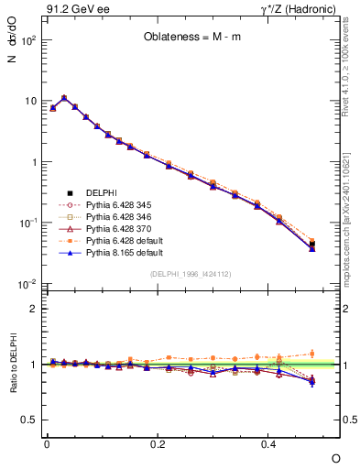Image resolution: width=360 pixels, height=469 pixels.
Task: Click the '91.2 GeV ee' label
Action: (x=72, y=10)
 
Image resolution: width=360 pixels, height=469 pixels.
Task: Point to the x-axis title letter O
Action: (x=335, y=458)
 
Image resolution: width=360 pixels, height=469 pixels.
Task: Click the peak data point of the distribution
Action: (x=63, y=98)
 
